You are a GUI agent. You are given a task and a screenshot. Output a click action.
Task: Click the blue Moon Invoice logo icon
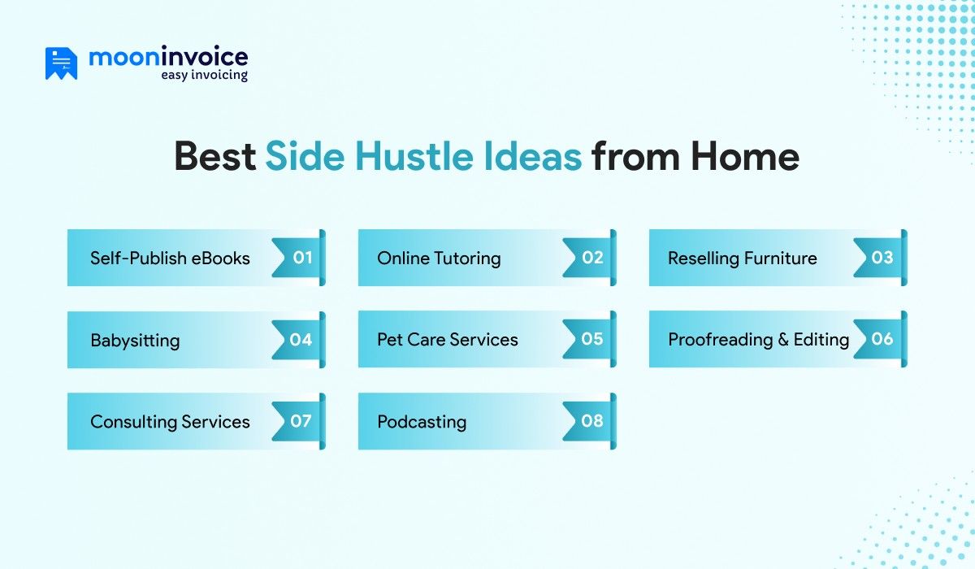click(x=62, y=63)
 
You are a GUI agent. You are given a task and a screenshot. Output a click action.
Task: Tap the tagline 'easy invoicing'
click(x=204, y=75)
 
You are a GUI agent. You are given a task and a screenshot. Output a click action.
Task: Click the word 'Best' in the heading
click(x=215, y=156)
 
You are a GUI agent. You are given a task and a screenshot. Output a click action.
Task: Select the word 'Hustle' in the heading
click(x=414, y=156)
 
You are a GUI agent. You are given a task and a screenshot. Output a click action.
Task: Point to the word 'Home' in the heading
click(x=745, y=156)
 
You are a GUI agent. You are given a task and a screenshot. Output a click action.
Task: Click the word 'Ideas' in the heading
click(x=532, y=156)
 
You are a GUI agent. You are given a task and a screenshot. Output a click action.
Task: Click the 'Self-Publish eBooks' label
click(x=170, y=258)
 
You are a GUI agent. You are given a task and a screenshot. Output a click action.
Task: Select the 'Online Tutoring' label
click(x=439, y=258)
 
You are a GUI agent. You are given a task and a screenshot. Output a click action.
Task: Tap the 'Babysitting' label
click(x=135, y=341)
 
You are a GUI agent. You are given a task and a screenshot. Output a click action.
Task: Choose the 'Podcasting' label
click(x=422, y=422)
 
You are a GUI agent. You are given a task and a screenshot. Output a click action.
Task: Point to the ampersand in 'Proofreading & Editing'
click(x=783, y=340)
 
